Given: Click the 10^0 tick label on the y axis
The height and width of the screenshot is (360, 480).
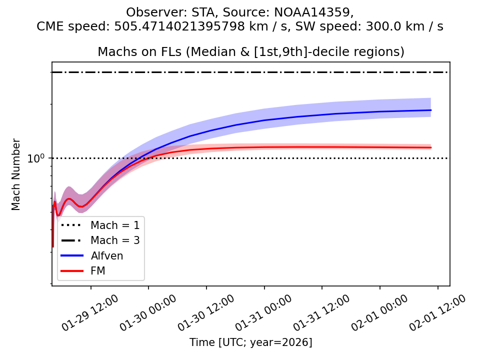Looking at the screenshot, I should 36,158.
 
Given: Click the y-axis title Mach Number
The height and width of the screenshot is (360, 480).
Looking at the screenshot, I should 16,174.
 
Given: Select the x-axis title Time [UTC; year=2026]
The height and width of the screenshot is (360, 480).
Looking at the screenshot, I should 250,342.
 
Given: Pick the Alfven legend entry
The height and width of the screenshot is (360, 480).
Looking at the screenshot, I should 107,255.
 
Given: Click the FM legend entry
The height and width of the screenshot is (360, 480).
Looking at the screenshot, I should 98,271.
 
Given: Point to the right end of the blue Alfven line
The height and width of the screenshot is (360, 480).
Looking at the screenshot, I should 431,110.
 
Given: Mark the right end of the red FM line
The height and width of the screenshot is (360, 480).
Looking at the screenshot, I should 431,147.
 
